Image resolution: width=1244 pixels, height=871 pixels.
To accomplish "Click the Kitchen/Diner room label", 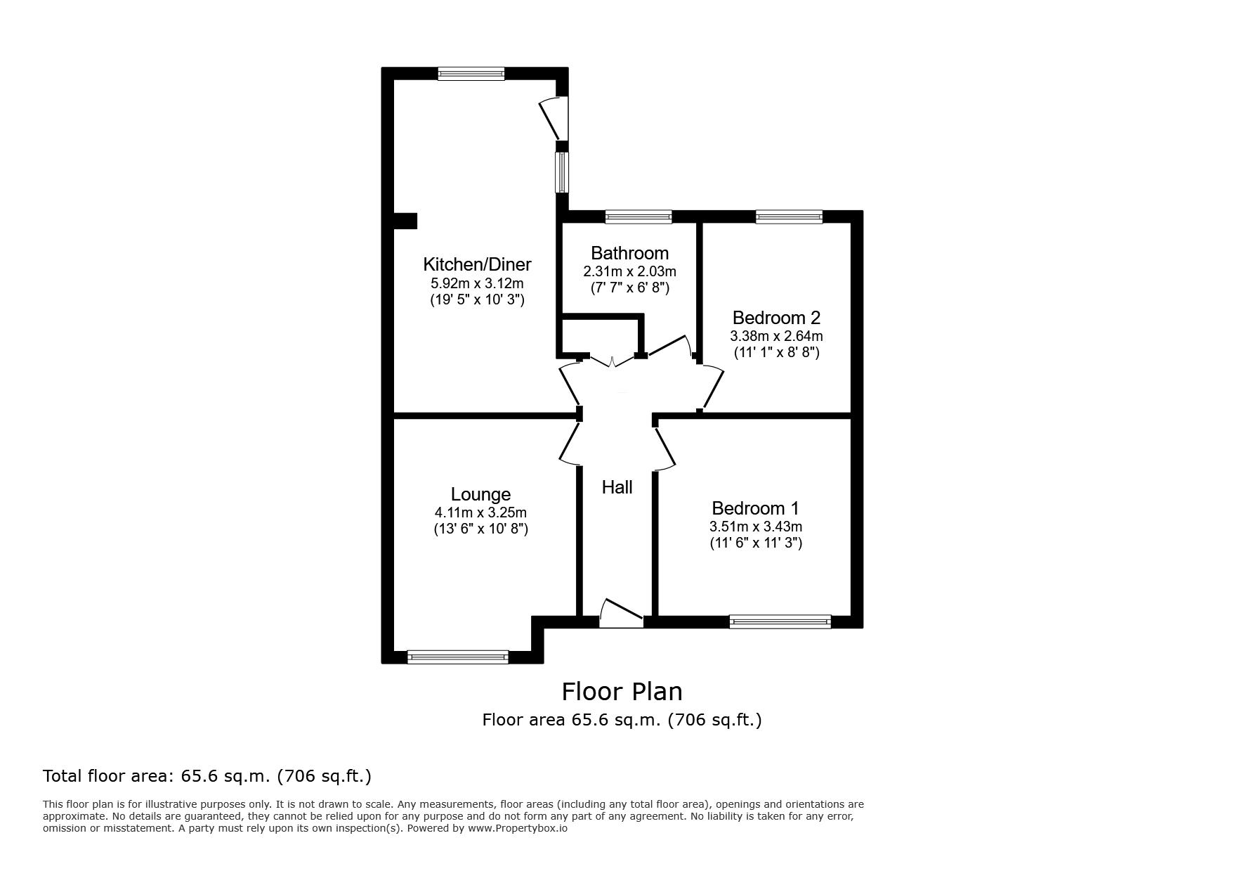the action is (x=477, y=264).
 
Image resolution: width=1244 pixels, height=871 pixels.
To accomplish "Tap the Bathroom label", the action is (x=629, y=253).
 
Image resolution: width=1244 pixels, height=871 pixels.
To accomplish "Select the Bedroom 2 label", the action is (x=776, y=318).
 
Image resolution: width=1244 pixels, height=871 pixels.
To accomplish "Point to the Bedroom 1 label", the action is (x=755, y=508).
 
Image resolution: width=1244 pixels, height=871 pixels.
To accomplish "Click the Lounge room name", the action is (x=480, y=495).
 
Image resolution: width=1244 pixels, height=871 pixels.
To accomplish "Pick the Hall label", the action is (x=617, y=487).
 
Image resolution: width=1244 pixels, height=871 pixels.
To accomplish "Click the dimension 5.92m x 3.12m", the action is (x=477, y=283).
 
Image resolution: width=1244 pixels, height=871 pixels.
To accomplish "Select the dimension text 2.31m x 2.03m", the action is (x=629, y=271).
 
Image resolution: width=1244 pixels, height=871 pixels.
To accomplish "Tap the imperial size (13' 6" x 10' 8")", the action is (x=480, y=529).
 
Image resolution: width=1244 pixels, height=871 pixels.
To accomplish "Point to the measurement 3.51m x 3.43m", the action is (x=756, y=527).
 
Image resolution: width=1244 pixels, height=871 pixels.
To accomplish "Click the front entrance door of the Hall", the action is (x=622, y=613).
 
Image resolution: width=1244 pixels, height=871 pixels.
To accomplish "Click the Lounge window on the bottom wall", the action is (x=458, y=657).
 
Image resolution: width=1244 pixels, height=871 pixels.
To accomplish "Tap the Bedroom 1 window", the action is (x=780, y=621).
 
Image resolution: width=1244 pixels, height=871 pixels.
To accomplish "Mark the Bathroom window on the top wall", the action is (x=639, y=217).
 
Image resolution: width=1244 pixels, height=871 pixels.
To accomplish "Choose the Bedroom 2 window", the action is (x=789, y=217).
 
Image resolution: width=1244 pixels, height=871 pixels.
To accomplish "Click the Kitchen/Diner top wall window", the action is (x=471, y=74).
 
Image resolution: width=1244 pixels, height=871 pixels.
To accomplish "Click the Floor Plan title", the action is (x=622, y=692).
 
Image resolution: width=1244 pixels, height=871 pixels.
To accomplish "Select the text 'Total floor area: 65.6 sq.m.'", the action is (x=157, y=776).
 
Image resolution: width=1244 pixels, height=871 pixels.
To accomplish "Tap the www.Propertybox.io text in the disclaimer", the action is (x=518, y=828).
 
